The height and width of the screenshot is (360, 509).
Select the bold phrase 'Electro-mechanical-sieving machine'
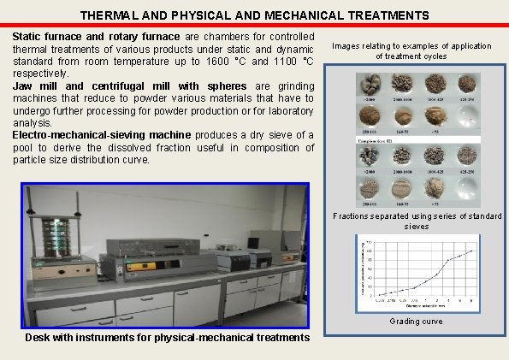click(x=103, y=135)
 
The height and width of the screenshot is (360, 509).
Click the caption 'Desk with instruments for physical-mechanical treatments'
click(x=168, y=338)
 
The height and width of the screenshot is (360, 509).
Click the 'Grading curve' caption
click(x=417, y=322)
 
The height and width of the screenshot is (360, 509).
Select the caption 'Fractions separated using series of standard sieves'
click(x=417, y=221)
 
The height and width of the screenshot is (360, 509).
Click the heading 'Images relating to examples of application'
click(x=411, y=45)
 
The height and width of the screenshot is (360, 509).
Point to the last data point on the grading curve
click(x=471, y=251)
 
